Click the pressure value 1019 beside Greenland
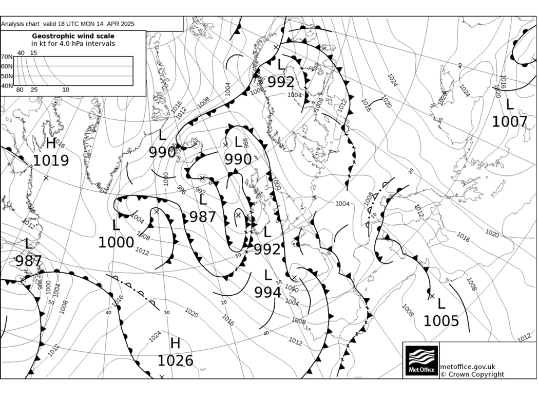(51, 160)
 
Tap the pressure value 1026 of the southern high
(175, 361)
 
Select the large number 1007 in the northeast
(509, 121)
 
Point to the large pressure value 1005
(441, 321)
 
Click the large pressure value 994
(268, 292)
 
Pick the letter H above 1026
(175, 343)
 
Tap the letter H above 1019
(50, 143)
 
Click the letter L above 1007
(509, 104)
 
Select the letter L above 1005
(441, 303)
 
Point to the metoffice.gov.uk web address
(468, 367)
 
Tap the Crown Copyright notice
(472, 374)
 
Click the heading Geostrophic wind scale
(73, 36)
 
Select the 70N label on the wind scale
(7, 57)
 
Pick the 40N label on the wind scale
(7, 85)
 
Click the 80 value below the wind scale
(20, 90)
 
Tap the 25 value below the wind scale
(34, 90)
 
